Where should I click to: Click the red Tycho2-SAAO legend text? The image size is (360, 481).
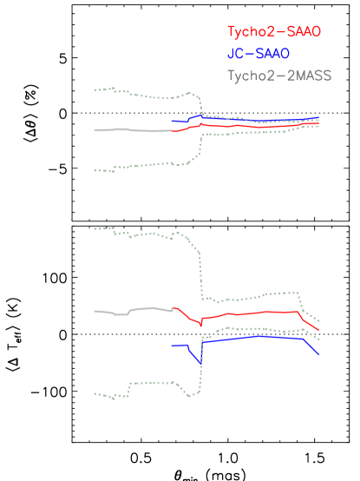(273, 32)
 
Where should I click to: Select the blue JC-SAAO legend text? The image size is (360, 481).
(258, 54)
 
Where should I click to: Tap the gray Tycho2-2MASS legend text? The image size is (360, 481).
(278, 76)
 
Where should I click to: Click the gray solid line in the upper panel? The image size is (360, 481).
(130, 130)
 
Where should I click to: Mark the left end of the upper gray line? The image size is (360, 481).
(95, 130)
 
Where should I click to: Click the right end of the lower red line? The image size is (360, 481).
(319, 330)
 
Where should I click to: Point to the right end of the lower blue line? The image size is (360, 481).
(319, 354)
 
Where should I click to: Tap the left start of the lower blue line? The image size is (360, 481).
(172, 346)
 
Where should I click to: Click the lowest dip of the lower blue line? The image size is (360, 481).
(201, 363)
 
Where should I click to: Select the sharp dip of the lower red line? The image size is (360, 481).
(201, 326)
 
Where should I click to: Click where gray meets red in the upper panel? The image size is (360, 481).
(173, 131)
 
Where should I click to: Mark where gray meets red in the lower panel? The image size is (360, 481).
(173, 308)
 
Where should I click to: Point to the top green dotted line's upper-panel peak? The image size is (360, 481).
(191, 93)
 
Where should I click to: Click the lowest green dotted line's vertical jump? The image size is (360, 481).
(201, 365)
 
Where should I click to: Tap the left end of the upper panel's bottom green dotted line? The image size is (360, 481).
(95, 170)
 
